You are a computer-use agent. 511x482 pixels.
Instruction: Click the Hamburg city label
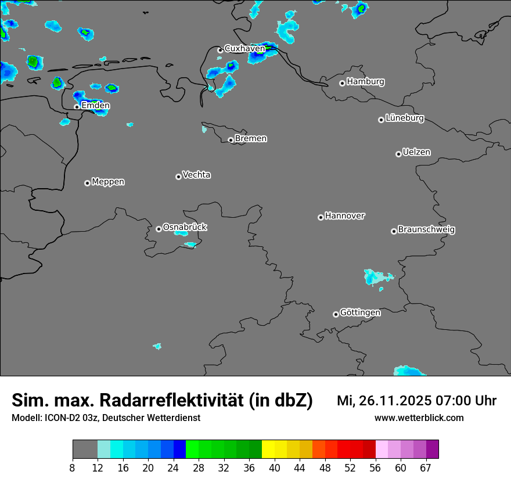[365, 82]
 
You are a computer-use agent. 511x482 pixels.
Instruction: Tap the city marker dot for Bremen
[231, 140]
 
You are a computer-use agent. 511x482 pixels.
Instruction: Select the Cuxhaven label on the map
[244, 49]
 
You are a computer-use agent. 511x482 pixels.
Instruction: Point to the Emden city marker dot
[77, 107]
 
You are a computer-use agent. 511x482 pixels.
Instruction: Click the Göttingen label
[360, 313]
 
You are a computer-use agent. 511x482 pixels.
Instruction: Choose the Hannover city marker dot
[321, 218]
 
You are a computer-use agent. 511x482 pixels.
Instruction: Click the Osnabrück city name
[185, 227]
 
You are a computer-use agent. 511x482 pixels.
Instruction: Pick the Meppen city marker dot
[87, 183]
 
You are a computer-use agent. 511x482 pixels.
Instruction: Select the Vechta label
[196, 175]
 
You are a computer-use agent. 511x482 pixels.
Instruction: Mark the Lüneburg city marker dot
[381, 120]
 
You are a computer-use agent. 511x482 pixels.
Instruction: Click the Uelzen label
[416, 153]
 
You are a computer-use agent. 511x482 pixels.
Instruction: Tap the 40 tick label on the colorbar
[275, 468]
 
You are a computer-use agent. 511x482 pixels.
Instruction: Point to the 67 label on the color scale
[426, 468]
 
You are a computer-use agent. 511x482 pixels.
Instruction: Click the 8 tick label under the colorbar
[73, 468]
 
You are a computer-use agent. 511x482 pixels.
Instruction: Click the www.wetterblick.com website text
[419, 418]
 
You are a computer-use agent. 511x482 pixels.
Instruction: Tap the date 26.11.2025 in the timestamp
[391, 401]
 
